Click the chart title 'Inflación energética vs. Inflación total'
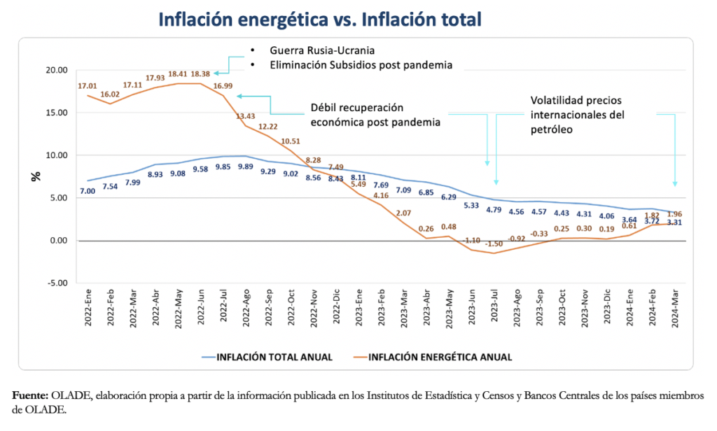(320, 19)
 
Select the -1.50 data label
(494, 243)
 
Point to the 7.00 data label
(88, 191)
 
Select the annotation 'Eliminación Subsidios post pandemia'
(361, 64)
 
